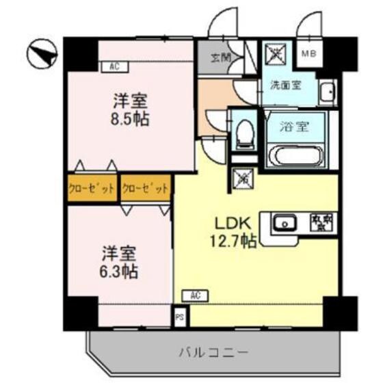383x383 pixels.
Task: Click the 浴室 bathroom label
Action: coord(294,127)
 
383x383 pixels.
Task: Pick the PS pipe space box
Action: coord(180,317)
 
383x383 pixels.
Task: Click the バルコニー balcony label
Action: coord(213,353)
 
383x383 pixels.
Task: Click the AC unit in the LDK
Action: coord(195,295)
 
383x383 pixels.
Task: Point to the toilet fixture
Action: coord(242,135)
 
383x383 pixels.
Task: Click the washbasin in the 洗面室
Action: coord(328,92)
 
